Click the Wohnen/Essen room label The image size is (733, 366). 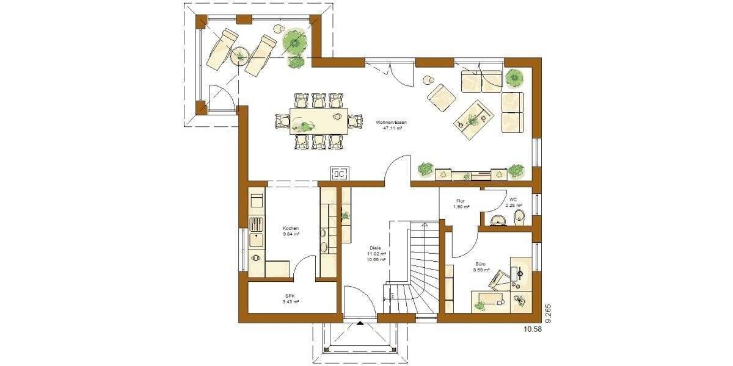391,123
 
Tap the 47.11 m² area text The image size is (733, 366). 391,129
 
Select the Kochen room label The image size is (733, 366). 291,228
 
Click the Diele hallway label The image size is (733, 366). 375,248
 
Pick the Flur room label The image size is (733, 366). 461,201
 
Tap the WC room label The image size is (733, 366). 513,199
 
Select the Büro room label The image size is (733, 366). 481,264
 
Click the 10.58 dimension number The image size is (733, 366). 533,329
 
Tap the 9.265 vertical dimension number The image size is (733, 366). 548,312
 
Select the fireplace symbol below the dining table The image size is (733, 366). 340,174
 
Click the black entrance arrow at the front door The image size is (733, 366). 360,324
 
